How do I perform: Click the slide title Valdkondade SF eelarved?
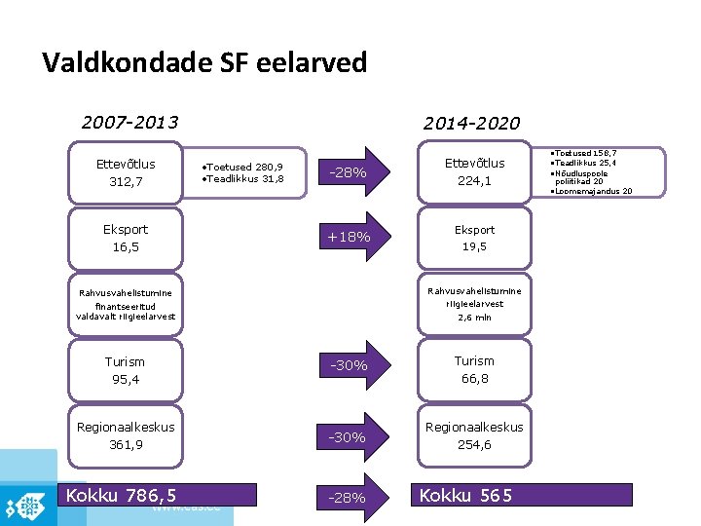204,63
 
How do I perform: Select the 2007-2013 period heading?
129,123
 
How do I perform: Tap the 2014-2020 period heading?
471,124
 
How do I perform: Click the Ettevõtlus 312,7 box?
126,172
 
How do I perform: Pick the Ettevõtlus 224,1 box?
474,172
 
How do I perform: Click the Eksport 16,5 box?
126,238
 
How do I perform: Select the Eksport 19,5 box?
474,238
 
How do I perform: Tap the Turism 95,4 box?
126,370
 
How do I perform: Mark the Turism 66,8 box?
474,369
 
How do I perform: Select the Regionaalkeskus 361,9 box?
126,435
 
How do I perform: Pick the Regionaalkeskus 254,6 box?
474,435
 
